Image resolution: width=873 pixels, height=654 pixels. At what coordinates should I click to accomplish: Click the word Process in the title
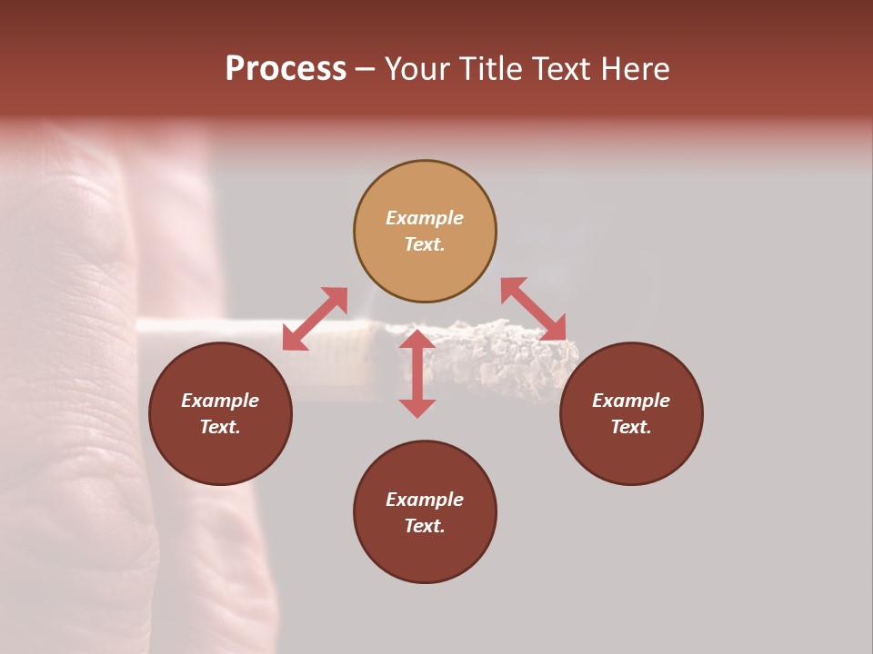point(286,69)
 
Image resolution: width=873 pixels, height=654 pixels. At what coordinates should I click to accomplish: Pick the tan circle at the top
point(425,232)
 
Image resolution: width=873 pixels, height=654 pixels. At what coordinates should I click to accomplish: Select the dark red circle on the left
point(220,414)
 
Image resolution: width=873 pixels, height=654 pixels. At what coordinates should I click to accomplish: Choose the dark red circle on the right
point(631,414)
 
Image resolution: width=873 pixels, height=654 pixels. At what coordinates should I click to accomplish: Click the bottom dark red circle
point(425,512)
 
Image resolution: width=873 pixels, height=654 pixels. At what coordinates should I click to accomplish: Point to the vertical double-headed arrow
point(417,373)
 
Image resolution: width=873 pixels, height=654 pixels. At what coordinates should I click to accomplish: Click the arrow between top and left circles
point(315,319)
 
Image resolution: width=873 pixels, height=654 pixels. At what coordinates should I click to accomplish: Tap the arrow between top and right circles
point(534,310)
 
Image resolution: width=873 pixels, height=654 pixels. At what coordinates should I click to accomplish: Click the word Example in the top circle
point(425,218)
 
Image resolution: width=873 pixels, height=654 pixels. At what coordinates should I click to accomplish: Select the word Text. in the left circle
point(220,427)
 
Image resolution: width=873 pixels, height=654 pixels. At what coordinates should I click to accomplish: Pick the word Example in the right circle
point(631,401)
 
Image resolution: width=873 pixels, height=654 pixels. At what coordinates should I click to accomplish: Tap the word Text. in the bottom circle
point(425,526)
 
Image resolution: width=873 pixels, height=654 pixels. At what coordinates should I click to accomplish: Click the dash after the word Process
point(366,70)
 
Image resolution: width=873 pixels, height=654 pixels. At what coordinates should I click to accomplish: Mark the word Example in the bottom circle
point(425,500)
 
